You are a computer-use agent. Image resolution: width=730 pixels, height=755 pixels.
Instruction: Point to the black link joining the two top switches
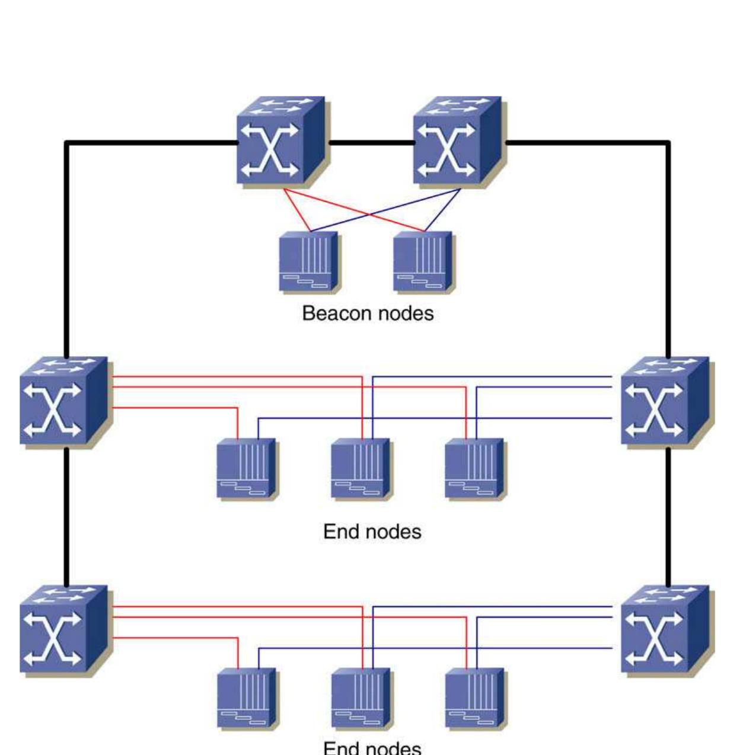pos(371,142)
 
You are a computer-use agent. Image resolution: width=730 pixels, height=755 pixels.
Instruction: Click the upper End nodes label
pos(372,532)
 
